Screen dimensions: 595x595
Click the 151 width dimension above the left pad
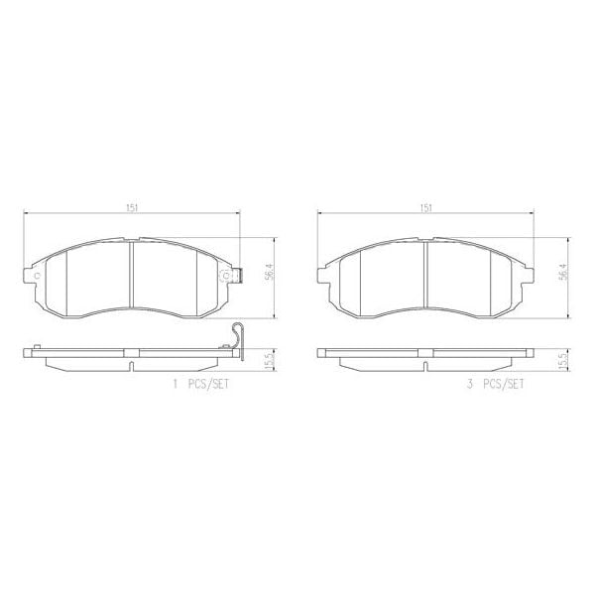[131, 207]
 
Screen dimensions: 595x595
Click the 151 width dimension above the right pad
[425, 207]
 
